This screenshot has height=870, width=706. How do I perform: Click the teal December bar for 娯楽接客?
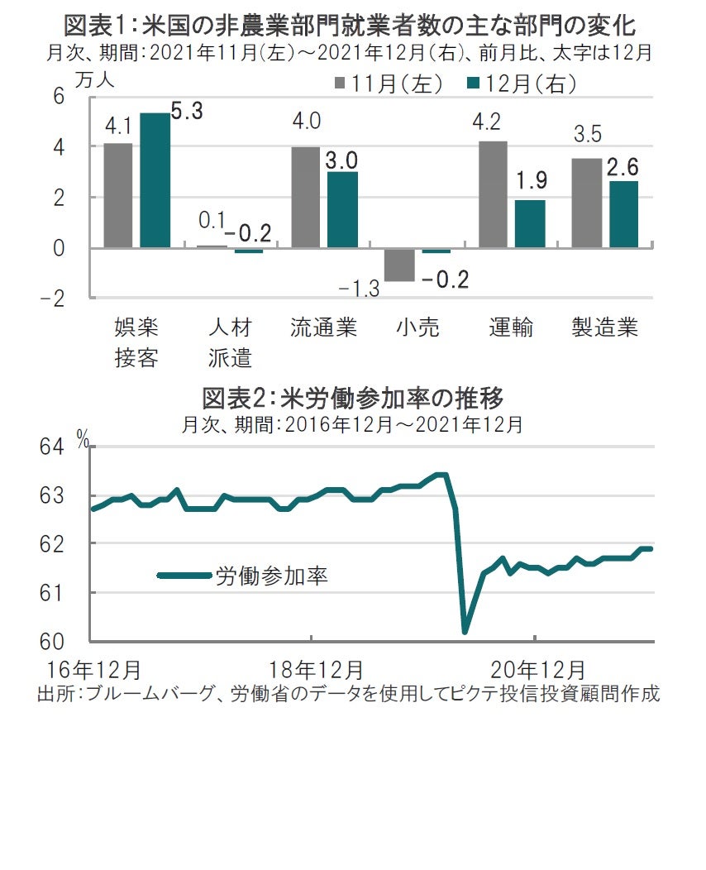point(155,180)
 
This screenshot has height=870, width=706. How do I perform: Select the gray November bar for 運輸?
point(493,194)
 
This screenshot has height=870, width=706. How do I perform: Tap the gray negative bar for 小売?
point(399,265)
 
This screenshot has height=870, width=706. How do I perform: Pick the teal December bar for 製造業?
point(624,214)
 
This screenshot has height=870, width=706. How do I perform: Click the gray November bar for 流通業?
point(305,198)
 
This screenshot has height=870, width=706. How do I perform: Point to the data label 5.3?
point(188,111)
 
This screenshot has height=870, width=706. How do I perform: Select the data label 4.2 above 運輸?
point(494,122)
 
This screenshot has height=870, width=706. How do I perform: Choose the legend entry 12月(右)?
point(522,84)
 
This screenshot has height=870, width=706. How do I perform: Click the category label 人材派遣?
point(230,342)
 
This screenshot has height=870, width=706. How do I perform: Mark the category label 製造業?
point(605,327)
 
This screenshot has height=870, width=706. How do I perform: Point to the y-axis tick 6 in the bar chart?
point(59,97)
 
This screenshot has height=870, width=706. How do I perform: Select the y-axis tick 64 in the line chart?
point(51,447)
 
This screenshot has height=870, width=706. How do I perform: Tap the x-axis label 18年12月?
point(316,667)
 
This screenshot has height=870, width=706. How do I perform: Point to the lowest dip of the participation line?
point(465,632)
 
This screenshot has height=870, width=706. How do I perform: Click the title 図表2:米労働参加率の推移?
point(353,399)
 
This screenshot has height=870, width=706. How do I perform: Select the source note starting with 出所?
point(348,693)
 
